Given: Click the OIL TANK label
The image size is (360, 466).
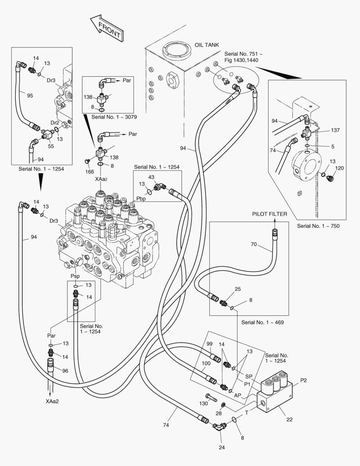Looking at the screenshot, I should pos(207,45).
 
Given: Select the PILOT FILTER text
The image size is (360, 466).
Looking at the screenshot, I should pos(270,214).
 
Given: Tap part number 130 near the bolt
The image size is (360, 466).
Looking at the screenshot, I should pos(203,403).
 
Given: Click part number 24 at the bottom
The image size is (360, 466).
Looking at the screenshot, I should pos(222,447).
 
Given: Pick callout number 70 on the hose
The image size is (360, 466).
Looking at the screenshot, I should pos(254,244).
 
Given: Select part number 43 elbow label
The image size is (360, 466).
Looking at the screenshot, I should pos(151,177).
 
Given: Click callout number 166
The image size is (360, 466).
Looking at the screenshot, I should pos(89,172).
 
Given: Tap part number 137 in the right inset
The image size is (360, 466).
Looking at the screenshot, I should pos(335,130).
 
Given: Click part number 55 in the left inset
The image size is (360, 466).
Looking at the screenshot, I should pos(51,147).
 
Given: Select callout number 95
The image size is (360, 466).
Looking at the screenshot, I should pos(30,95).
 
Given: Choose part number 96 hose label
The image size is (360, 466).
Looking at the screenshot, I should pos(65,371).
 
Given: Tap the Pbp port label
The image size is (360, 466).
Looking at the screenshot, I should pos(141,199).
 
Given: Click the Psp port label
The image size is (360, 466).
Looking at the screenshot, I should pos(75,275).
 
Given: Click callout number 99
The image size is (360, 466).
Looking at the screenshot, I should pos(210,343).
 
